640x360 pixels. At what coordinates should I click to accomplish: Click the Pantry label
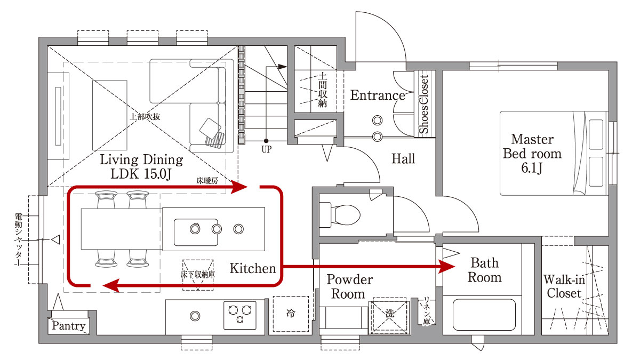point(69,325)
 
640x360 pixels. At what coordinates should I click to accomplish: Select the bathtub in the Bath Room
point(484,315)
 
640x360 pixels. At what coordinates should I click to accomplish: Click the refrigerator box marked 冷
point(291,314)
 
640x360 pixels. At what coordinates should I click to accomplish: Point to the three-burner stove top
point(239,315)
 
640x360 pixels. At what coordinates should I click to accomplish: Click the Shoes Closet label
point(424,104)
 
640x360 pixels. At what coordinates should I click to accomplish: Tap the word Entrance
point(378,95)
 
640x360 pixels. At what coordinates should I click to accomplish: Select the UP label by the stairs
point(266,149)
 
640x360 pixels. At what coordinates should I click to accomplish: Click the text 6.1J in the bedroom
point(531,167)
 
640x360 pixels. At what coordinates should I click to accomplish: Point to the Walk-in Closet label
point(564,286)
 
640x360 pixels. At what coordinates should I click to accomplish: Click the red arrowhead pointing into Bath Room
point(446,267)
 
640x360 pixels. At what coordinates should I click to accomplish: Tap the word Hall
point(403,159)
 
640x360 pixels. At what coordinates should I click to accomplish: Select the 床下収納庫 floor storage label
point(198,275)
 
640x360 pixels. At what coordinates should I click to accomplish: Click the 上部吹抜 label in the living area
point(145,117)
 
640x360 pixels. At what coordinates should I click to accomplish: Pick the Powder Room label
point(349,286)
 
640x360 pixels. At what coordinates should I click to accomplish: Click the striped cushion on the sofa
point(215,140)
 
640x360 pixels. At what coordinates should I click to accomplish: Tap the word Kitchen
point(253,268)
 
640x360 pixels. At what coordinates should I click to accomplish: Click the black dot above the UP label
point(266,141)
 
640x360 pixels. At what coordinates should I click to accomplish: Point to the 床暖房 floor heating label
point(207,181)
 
